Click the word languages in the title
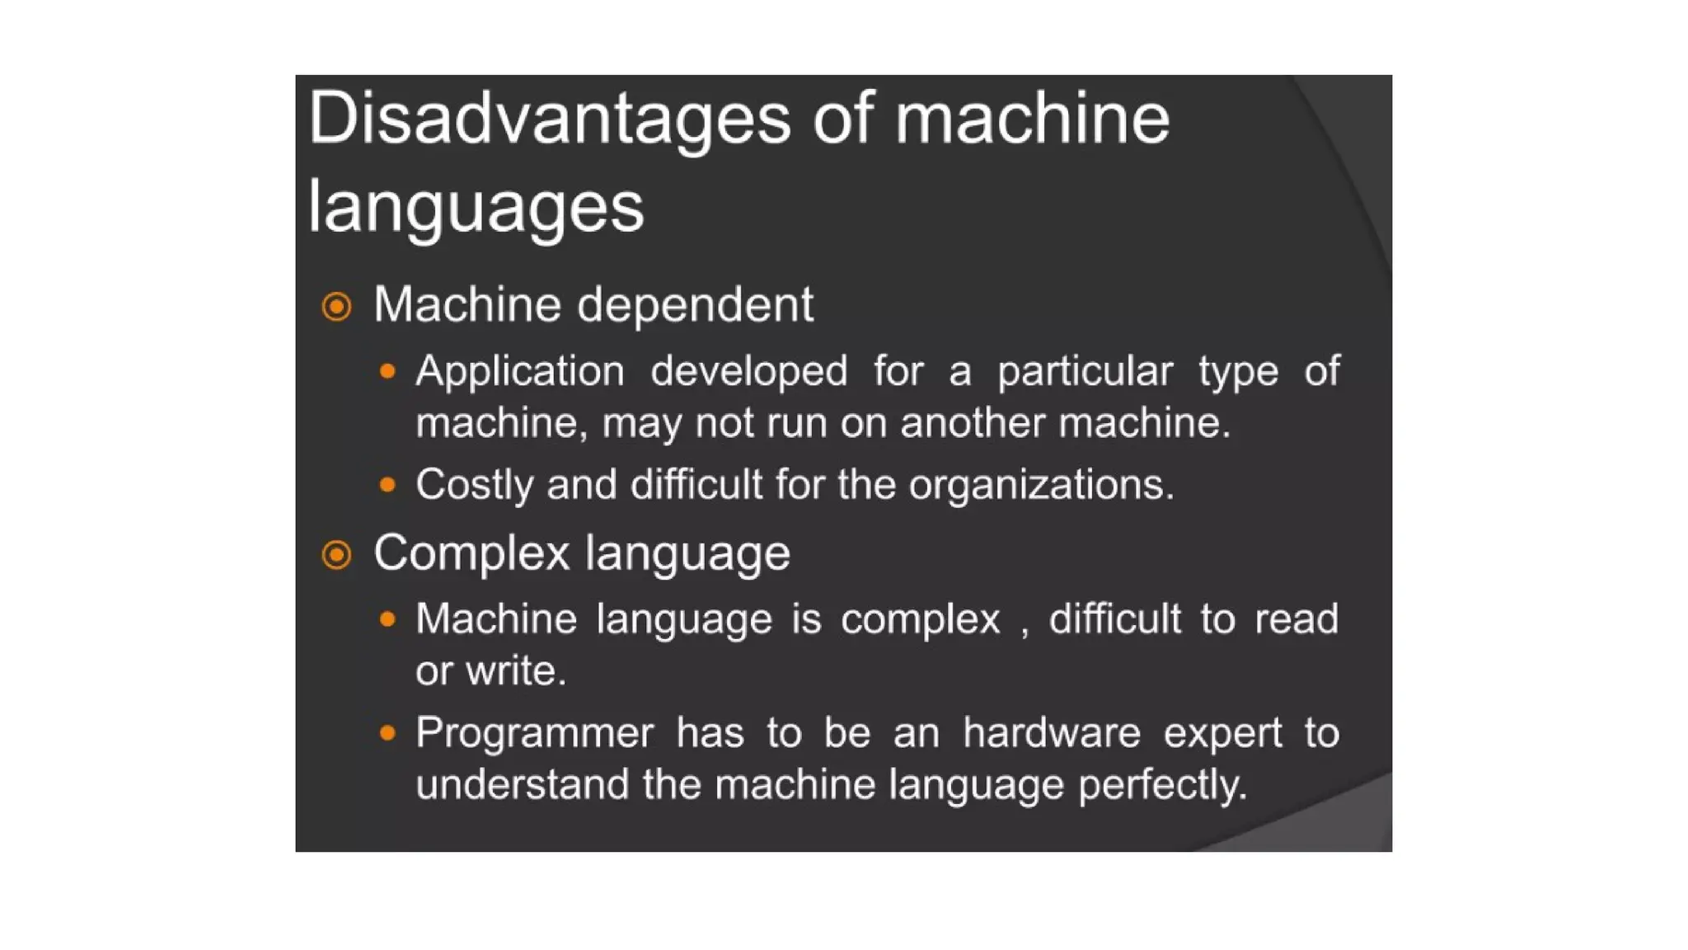(x=476, y=208)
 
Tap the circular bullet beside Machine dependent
(x=336, y=307)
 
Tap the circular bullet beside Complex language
(x=336, y=554)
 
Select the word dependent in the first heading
(x=695, y=305)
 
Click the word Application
(x=520, y=372)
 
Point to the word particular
(x=1085, y=372)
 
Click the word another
(x=973, y=423)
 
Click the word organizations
(x=1041, y=485)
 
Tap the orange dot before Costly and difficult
(x=387, y=484)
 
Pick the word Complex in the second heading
(x=471, y=553)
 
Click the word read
(x=1296, y=619)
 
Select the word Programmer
(x=535, y=733)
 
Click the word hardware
(x=1052, y=733)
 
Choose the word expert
(x=1222, y=733)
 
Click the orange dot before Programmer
(x=387, y=732)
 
